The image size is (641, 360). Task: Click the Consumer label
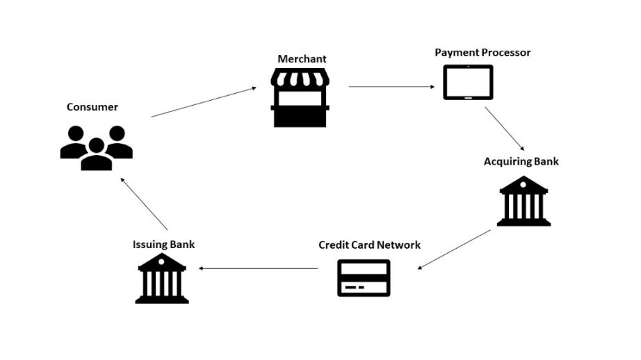tap(92, 107)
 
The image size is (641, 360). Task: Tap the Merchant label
tap(302, 59)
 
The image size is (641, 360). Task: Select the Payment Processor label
tap(482, 53)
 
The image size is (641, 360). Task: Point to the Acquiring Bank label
tap(521, 162)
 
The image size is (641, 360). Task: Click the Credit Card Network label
tap(369, 245)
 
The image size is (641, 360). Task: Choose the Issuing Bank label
tap(163, 245)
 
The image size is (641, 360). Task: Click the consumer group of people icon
tap(96, 148)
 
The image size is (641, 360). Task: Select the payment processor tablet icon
tap(468, 83)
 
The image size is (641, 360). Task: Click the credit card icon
tap(364, 278)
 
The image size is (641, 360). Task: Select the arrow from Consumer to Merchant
tap(202, 101)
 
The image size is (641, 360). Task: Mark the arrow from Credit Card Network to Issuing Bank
tap(259, 268)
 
